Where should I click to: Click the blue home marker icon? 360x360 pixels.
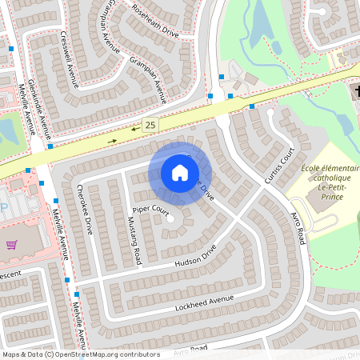[x=180, y=173]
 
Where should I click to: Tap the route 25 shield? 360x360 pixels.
[x=150, y=123]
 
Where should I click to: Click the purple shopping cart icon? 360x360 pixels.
[x=11, y=245]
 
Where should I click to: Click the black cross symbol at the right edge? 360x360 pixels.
[x=356, y=90]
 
